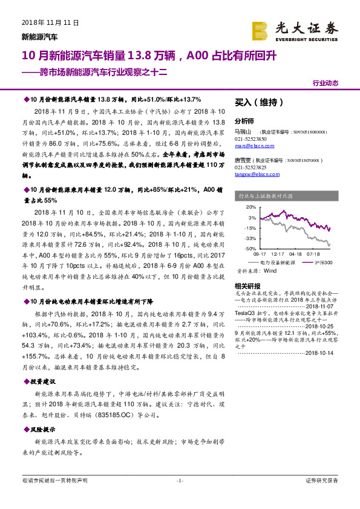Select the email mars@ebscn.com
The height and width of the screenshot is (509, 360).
pyautogui.click(x=250, y=146)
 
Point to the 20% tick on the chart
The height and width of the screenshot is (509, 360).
pyautogui.click(x=252, y=206)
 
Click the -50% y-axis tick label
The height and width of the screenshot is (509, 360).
pyautogui.click(x=251, y=248)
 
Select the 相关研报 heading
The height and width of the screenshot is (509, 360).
pyautogui.click(x=244, y=285)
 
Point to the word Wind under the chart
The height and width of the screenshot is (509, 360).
pyautogui.click(x=269, y=271)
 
